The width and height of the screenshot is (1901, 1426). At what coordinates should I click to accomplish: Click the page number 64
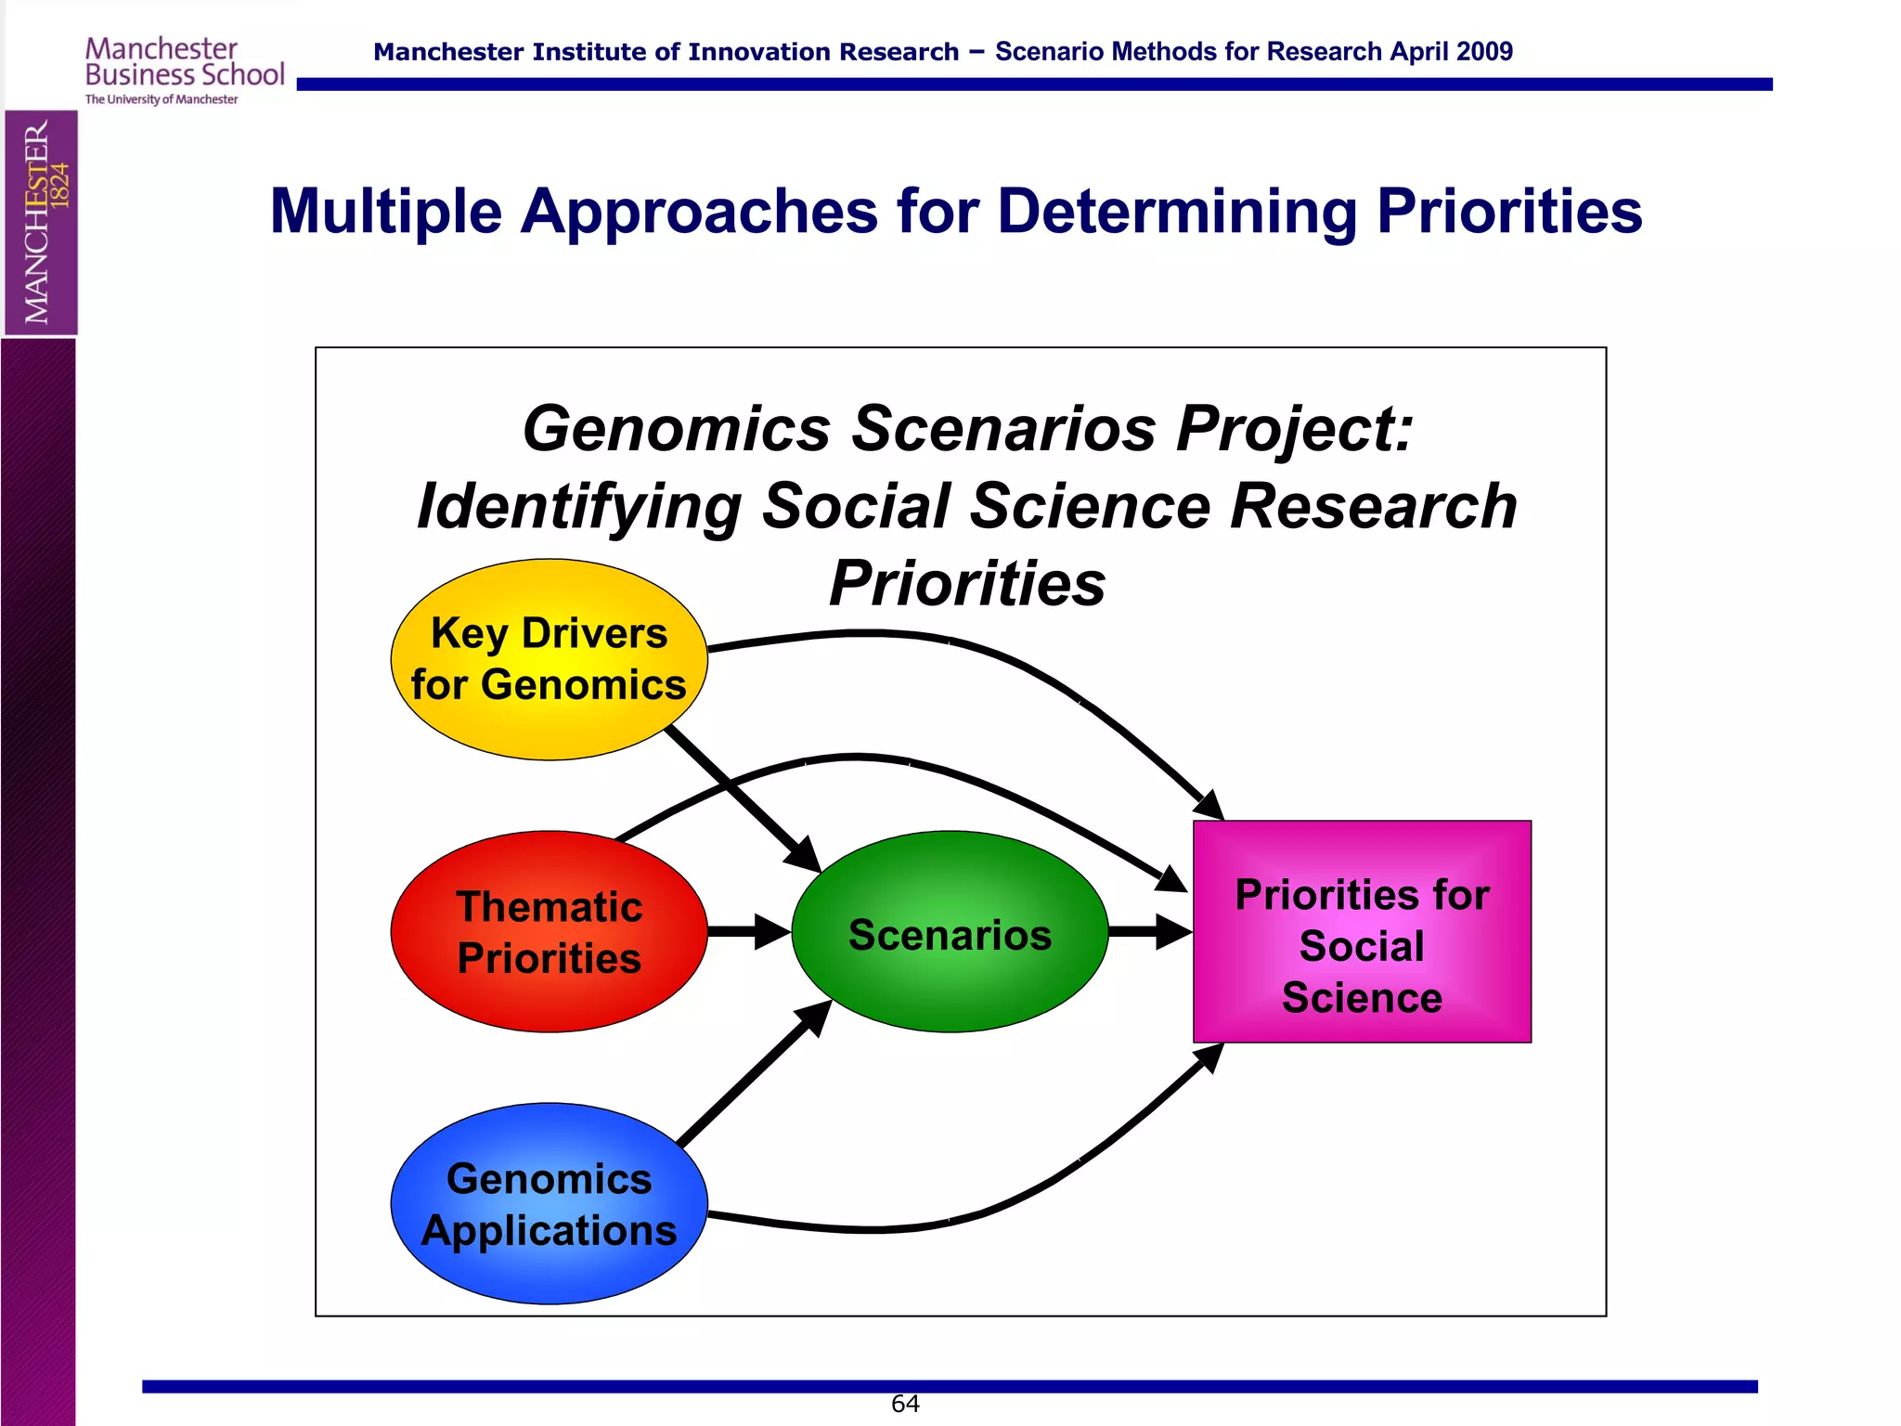point(905,1404)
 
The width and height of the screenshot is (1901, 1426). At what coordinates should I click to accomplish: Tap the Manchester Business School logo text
point(184,63)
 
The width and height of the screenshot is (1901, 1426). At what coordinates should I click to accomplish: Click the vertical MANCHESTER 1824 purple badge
point(42,223)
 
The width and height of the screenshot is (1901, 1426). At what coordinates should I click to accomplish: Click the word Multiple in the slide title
point(385,212)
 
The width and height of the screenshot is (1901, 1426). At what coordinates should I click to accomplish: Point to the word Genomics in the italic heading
point(677,429)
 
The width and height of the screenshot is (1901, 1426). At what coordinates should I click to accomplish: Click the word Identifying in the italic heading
point(579,507)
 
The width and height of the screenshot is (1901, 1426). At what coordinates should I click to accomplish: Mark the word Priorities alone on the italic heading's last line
point(967,584)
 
